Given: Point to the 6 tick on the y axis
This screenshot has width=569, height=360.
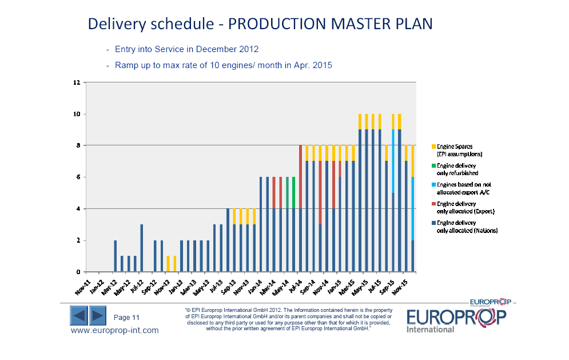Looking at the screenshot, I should (x=78, y=177).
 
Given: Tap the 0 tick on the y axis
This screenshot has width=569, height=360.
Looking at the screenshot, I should (x=78, y=272).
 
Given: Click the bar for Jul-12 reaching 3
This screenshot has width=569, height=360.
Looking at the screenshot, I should (x=141, y=248).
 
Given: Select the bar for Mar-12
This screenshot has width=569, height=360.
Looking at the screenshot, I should (x=115, y=256).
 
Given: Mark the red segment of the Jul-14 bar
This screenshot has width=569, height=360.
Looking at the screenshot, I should (x=300, y=177).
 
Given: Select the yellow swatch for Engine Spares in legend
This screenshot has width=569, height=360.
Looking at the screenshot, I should (x=433, y=147).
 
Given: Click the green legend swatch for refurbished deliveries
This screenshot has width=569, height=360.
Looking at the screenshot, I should (x=433, y=165).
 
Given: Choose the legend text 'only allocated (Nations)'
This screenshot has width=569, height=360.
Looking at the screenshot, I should (x=467, y=231).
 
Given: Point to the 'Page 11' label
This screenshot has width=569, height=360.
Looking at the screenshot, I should (x=127, y=318).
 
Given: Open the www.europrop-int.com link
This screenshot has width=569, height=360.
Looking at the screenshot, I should (x=114, y=330).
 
